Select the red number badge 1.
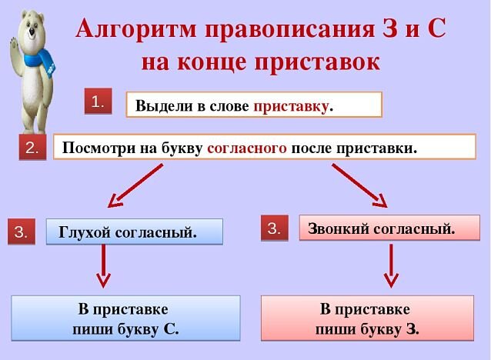[x=98, y=102]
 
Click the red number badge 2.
[x=33, y=148]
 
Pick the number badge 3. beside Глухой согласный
[x=22, y=232]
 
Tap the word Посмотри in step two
[x=93, y=148]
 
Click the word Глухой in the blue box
[x=82, y=232]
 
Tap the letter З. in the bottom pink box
[x=413, y=330]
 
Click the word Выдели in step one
[x=159, y=105]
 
